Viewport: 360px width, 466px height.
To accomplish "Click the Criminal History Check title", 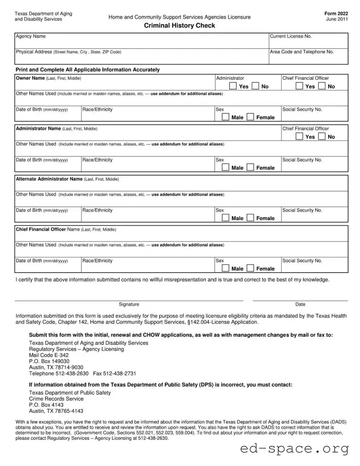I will click(179, 26).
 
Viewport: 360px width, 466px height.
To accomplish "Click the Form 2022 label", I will click(336, 14).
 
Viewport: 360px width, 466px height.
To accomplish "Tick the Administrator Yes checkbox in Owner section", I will click(233, 86).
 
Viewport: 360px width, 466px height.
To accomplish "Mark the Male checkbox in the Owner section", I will click(225, 117).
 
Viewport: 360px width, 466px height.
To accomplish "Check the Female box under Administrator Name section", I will click(250, 168).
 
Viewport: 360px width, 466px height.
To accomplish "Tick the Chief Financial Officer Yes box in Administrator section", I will click(299, 137).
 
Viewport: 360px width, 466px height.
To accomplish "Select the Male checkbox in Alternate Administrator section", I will click(225, 218).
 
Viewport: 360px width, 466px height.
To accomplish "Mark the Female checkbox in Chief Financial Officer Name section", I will click(250, 268).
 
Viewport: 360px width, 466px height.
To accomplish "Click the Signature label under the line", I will click(129, 304).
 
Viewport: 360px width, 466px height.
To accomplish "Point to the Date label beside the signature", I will click(300, 304).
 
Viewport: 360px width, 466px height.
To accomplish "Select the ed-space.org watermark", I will click(294, 449).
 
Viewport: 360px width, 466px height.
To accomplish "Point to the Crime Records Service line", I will click(56, 399).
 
